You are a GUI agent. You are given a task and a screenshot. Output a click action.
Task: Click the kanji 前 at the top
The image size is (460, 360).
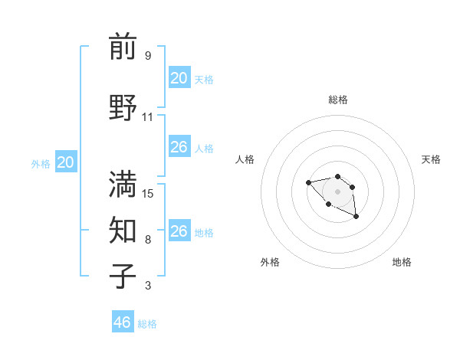(123, 47)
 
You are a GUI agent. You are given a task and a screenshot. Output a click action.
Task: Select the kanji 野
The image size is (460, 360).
(123, 107)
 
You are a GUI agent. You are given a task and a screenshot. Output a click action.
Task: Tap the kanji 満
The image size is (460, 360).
(123, 184)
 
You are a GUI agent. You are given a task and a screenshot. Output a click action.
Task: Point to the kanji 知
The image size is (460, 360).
(123, 229)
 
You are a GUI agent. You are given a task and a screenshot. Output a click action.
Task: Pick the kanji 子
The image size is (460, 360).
(123, 276)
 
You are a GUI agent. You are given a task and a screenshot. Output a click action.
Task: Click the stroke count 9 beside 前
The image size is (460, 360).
(148, 56)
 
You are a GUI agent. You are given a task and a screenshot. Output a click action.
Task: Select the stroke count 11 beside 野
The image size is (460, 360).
(148, 117)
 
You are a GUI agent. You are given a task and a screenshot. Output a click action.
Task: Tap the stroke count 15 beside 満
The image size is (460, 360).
(148, 193)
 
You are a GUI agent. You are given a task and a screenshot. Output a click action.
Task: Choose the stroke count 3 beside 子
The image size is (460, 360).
(148, 286)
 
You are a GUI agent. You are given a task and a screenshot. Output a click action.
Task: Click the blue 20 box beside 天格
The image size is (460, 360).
(179, 78)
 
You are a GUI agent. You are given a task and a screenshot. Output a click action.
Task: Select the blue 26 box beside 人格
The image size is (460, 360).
(179, 147)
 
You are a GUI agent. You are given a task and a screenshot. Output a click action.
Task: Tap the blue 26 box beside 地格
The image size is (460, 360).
(179, 231)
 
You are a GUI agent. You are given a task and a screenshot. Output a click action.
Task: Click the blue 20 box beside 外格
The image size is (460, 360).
(66, 162)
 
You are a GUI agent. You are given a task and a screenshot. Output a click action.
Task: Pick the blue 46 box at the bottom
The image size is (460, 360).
(123, 322)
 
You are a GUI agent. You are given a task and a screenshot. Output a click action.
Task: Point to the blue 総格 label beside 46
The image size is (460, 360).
(147, 324)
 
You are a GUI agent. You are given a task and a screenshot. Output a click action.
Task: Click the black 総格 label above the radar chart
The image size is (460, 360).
(337, 100)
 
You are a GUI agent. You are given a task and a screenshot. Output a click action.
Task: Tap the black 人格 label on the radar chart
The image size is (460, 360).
(245, 159)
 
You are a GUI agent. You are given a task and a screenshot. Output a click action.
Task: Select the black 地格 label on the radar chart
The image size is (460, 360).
(402, 262)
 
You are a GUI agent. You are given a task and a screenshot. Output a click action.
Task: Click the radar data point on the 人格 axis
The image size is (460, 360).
(308, 182)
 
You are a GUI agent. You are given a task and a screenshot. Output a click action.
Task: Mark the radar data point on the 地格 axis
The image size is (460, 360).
(356, 218)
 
